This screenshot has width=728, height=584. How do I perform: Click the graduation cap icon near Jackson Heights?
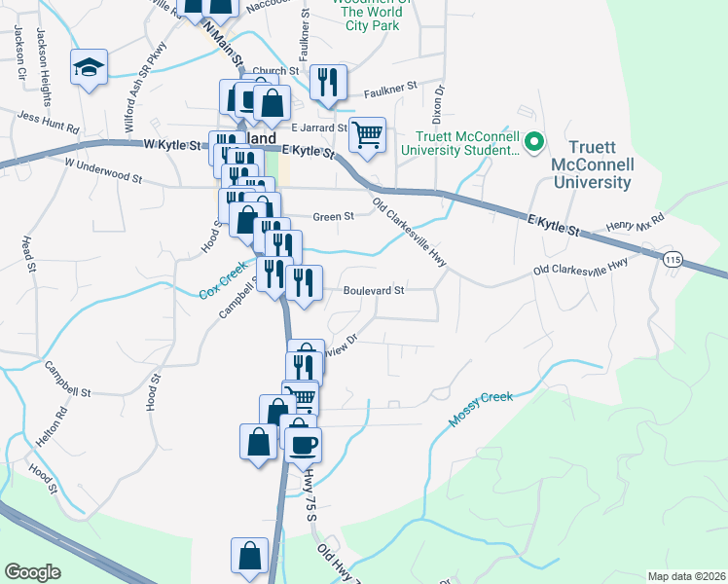click(x=89, y=67)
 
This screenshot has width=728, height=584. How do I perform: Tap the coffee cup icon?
click(x=303, y=443)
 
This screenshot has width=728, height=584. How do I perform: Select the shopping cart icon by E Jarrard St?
click(x=367, y=135)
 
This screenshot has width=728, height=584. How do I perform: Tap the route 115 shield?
click(x=673, y=260)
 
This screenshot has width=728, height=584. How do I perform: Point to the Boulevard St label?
click(x=373, y=290)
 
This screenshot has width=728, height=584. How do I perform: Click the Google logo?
click(x=32, y=571)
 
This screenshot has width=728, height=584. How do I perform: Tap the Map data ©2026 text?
click(x=685, y=576)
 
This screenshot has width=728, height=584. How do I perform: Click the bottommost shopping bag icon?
click(x=249, y=556)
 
